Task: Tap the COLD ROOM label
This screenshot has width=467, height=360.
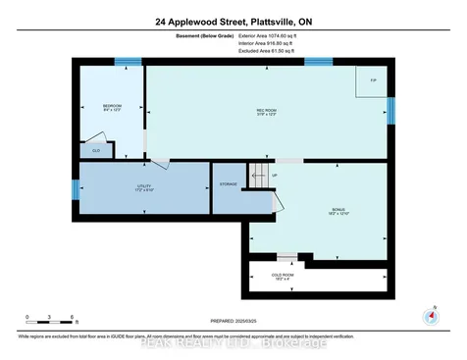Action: (x=313, y=276)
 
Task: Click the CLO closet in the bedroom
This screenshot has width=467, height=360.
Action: (x=96, y=150)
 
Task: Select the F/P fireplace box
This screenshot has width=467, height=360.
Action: (x=373, y=80)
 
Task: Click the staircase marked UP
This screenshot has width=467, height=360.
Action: (x=259, y=179)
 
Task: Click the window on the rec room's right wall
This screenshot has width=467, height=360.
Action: (x=390, y=111)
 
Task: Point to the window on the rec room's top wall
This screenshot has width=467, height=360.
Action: (x=317, y=63)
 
